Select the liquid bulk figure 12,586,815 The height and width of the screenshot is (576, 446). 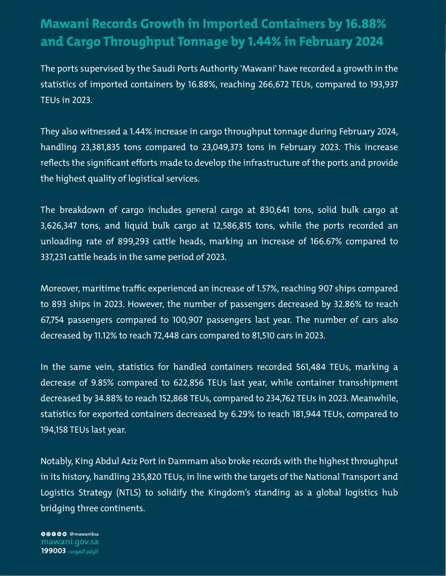click(x=243, y=226)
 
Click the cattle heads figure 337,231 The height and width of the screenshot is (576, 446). click(x=56, y=258)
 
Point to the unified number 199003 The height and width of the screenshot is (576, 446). click(x=53, y=551)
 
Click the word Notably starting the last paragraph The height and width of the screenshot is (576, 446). click(x=56, y=461)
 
